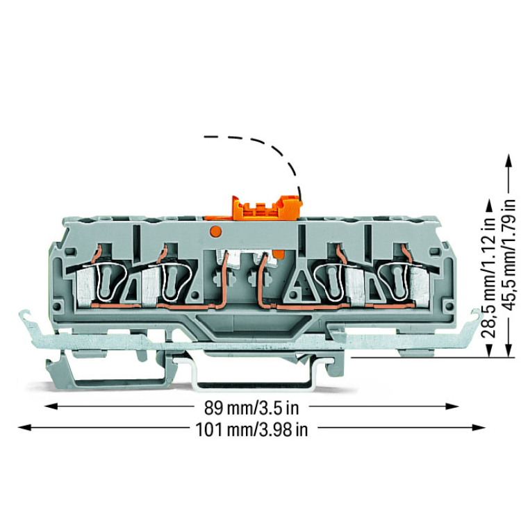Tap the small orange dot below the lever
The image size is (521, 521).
tap(215, 231)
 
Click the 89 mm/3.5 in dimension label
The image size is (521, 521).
tap(251, 408)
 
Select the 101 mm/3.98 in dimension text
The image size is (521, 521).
tap(251, 429)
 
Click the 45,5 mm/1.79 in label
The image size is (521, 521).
tap(510, 254)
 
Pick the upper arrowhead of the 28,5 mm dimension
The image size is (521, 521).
tap(489, 206)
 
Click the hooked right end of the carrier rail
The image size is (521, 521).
tap(476, 316)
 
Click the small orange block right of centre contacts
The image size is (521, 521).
tap(279, 255)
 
